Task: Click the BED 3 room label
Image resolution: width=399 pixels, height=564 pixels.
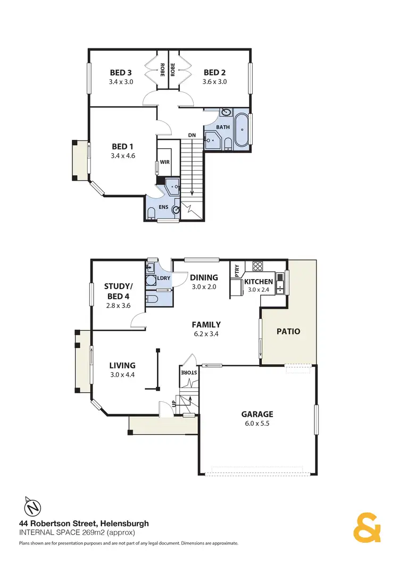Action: coord(121,72)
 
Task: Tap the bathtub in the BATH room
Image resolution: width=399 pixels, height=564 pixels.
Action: coord(243,129)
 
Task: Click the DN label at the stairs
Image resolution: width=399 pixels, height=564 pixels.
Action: coord(192,136)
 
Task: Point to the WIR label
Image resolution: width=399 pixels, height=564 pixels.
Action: coord(164,163)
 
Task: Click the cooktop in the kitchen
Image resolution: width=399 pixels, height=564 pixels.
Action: coord(257,266)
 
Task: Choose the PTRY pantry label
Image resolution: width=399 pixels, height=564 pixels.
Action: coord(237,272)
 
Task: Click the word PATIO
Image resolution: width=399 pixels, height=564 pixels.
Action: coord(288,331)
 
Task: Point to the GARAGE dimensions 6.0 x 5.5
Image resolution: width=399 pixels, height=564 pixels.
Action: coord(258,424)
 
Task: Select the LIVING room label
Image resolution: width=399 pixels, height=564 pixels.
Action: coord(122,365)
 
